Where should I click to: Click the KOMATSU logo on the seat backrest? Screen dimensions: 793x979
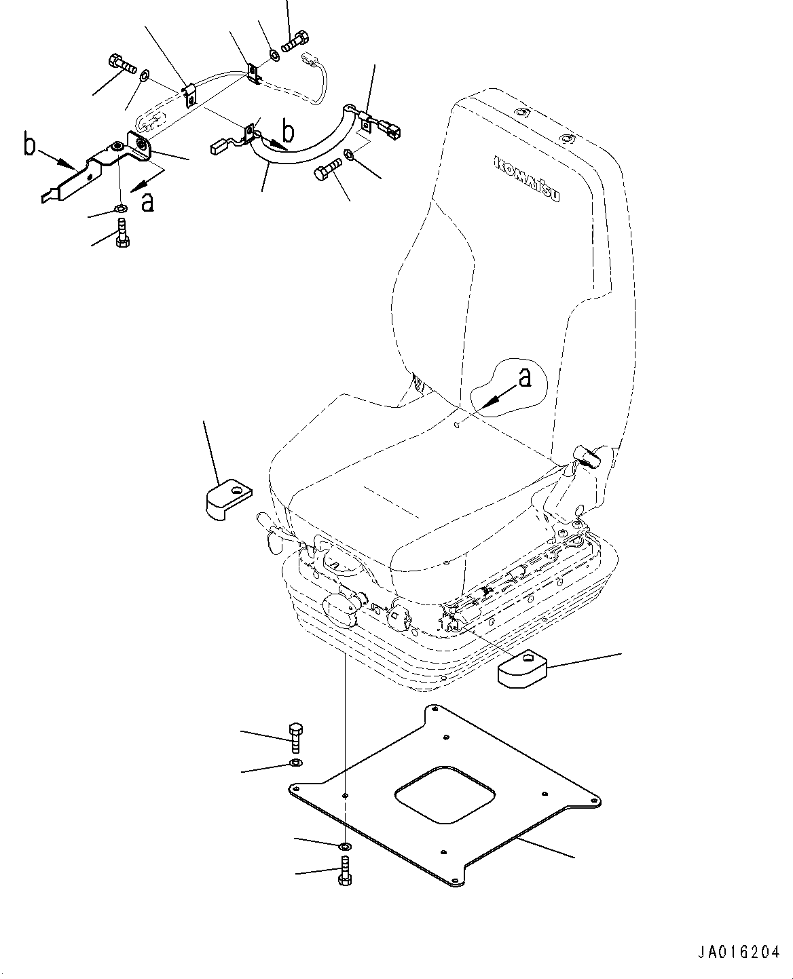[x=527, y=178]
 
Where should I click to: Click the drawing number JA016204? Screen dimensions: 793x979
[x=739, y=951]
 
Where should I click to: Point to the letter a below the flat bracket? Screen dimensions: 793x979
[x=147, y=202]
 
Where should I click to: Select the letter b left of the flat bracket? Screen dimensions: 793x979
[x=29, y=145]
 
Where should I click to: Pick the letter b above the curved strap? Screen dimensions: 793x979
[x=288, y=131]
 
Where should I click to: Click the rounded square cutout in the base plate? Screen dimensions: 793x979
[x=445, y=794]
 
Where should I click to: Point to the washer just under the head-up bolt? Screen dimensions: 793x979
[x=296, y=763]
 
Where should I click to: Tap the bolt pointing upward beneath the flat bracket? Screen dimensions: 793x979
[x=122, y=234]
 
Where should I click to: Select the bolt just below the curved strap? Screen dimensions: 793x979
[x=327, y=169]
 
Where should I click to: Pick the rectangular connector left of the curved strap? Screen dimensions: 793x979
[x=217, y=147]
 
